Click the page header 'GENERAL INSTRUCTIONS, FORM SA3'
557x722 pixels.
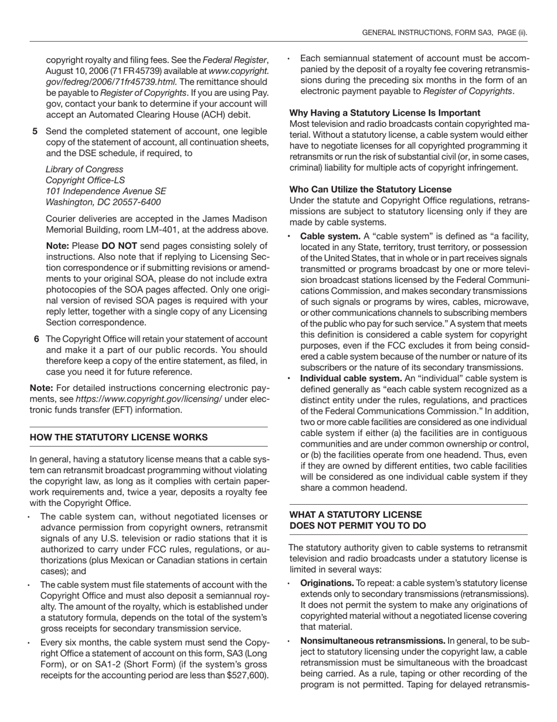click(x=428, y=33)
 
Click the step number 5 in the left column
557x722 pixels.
click(x=35, y=131)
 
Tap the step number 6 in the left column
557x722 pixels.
click(x=37, y=339)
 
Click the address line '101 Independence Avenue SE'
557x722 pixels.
click(x=106, y=191)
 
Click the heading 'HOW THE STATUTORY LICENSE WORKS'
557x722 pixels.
click(x=118, y=437)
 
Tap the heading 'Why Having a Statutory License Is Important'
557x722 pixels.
click(x=385, y=113)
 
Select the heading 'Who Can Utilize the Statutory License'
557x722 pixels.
click(x=370, y=189)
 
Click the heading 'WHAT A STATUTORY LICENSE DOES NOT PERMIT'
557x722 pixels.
click(x=358, y=519)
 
